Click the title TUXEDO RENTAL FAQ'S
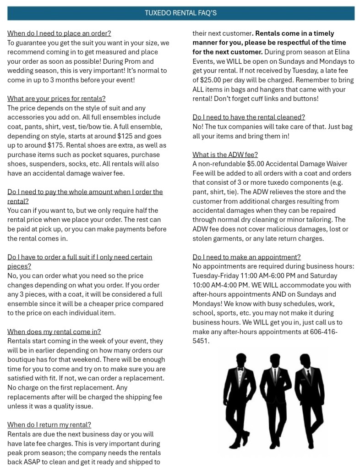coord(180,13)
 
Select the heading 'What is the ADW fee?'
coord(225,154)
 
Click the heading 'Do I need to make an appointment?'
coord(246,257)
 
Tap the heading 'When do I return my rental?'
coord(49,425)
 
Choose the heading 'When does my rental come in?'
coord(54,332)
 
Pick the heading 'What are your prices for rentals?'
coord(56,99)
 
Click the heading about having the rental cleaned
coord(249,117)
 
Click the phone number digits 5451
coord(201,341)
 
